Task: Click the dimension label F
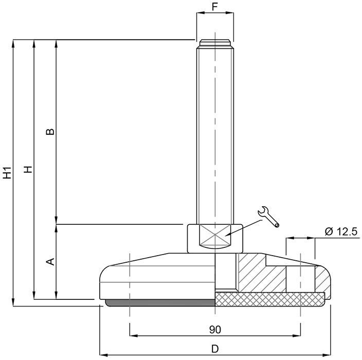(x=215, y=7)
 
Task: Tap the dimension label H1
(x=7, y=172)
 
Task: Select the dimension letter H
(x=28, y=170)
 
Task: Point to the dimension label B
(x=50, y=132)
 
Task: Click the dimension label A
(x=50, y=262)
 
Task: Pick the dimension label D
(x=215, y=349)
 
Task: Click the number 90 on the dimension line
(x=215, y=330)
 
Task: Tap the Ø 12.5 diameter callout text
(x=341, y=231)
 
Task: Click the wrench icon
(x=268, y=217)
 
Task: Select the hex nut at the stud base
(x=215, y=239)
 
